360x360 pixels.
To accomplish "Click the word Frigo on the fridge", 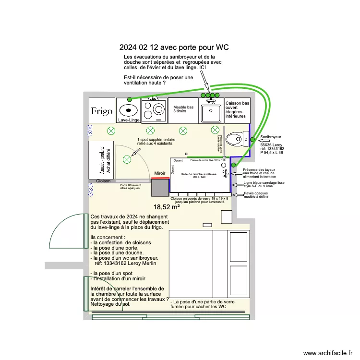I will click(x=102, y=111).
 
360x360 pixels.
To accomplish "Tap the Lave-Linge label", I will click(x=129, y=120).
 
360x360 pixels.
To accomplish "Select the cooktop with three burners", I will click(x=155, y=110).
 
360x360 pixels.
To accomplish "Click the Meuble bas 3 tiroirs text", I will click(x=183, y=109).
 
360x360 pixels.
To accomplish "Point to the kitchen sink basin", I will click(x=210, y=113).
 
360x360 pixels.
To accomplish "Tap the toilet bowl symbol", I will click(x=236, y=140).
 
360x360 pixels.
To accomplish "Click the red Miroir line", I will click(x=160, y=178).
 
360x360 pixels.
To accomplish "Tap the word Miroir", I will click(x=160, y=173).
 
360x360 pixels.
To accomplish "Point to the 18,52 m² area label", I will click(x=166, y=207).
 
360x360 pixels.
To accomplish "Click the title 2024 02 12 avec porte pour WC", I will click(x=174, y=48).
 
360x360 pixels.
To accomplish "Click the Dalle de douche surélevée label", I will click(x=199, y=175).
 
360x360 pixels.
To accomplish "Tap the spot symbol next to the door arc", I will click(x=127, y=159).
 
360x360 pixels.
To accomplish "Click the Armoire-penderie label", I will click(x=102, y=160).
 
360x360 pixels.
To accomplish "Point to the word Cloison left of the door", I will click(x=104, y=181).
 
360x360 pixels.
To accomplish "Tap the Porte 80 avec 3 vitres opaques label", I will click(x=131, y=187).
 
